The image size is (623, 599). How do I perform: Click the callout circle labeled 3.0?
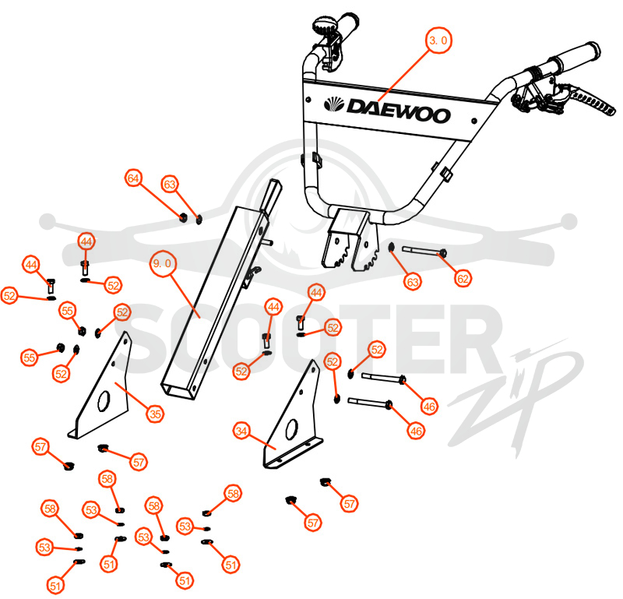pyautogui.click(x=438, y=41)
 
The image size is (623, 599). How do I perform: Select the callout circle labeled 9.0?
pyautogui.click(x=163, y=263)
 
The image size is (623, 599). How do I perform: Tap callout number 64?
pyautogui.click(x=133, y=178)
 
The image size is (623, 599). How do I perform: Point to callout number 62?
pyautogui.click(x=463, y=279)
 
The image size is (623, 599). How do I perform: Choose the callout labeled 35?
pyautogui.click(x=155, y=414)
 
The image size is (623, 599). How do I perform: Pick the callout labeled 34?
pyautogui.click(x=241, y=431)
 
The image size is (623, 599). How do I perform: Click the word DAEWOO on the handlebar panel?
pyautogui.click(x=399, y=111)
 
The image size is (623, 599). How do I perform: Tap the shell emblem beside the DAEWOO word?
pyautogui.click(x=334, y=104)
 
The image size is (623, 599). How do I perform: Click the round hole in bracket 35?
pyautogui.click(x=104, y=401)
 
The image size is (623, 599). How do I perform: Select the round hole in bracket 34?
pyautogui.click(x=291, y=428)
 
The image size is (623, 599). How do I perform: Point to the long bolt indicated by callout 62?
pyautogui.click(x=424, y=252)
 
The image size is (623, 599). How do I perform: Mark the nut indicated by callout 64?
pyautogui.click(x=183, y=217)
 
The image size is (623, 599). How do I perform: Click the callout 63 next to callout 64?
pyautogui.click(x=170, y=185)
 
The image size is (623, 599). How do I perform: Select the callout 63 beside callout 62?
pyautogui.click(x=413, y=282)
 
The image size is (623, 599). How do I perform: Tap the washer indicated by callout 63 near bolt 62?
pyautogui.click(x=391, y=248)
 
